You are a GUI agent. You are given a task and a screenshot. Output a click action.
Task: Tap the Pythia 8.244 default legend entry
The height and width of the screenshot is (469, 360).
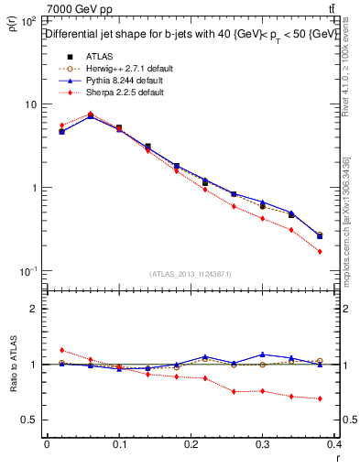pyautogui.click(x=118, y=81)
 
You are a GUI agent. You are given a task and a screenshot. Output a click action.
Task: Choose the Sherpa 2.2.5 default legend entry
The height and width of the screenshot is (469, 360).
pyautogui.click(x=119, y=93)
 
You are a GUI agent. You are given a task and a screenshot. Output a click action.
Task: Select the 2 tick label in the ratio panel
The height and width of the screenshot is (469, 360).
pyautogui.click(x=33, y=309)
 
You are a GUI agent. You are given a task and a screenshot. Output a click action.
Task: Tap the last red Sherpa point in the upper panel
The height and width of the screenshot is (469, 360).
pyautogui.click(x=320, y=251)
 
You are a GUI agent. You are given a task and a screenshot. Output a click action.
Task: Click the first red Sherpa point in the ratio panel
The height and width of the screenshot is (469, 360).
pyautogui.click(x=61, y=350)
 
